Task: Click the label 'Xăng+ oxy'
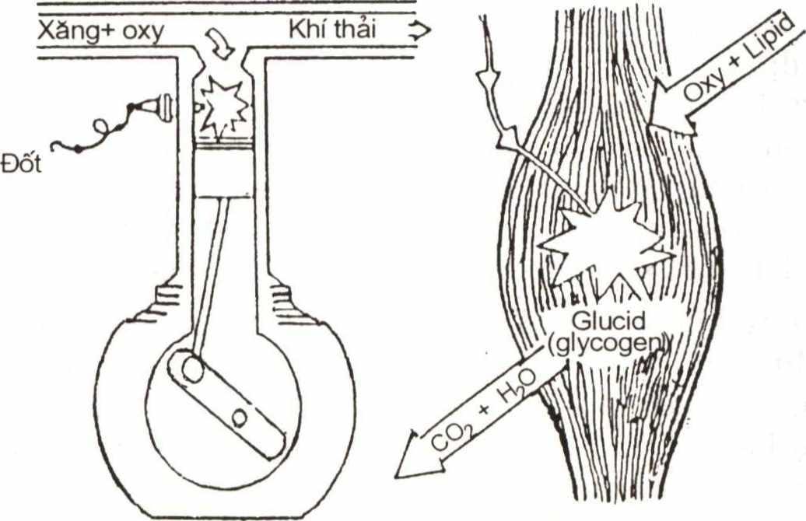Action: tap(100, 33)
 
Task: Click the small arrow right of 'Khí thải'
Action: tap(417, 32)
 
